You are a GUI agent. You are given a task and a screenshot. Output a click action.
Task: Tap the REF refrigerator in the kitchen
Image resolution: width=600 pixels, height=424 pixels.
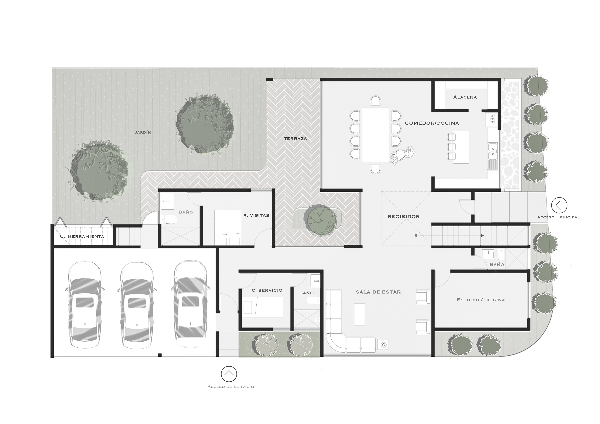[x=492, y=119]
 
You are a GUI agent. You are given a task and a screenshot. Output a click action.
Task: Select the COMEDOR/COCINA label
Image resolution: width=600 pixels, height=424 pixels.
[x=432, y=123]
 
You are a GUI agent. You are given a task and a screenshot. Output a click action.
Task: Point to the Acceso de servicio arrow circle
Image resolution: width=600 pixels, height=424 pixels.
[x=229, y=374]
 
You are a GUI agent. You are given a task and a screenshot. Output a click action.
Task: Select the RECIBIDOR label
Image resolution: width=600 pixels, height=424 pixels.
[x=404, y=217]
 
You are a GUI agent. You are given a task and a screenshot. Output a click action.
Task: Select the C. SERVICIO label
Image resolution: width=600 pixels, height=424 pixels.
[x=267, y=290]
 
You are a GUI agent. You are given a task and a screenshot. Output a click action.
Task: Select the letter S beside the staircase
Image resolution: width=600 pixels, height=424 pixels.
[x=416, y=236]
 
